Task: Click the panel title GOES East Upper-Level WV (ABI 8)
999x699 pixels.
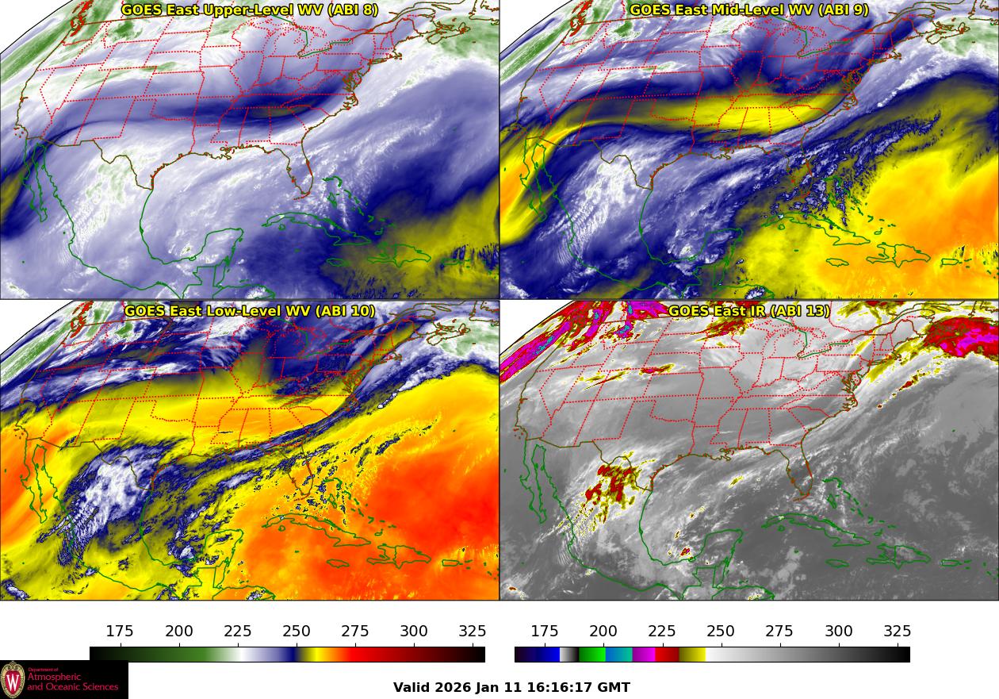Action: [x=250, y=10]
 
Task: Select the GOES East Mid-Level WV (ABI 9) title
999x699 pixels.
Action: [x=748, y=10]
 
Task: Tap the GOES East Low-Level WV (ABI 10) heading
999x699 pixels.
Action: [x=250, y=311]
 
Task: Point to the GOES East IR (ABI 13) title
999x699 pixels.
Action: [x=748, y=311]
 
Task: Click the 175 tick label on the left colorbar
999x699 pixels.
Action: [x=120, y=632]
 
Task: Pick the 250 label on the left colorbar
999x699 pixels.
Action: [x=297, y=632]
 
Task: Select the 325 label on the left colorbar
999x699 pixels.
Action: [x=473, y=632]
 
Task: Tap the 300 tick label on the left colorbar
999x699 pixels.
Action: [x=414, y=632]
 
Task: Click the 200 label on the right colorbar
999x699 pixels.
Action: [x=603, y=632]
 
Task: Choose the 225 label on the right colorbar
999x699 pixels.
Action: [x=662, y=632]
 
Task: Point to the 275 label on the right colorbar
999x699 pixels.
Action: [x=779, y=632]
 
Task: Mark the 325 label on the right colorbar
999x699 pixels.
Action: [x=898, y=632]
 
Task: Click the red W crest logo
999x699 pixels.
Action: [x=13, y=680]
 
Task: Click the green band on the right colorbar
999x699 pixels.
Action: [x=591, y=655]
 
